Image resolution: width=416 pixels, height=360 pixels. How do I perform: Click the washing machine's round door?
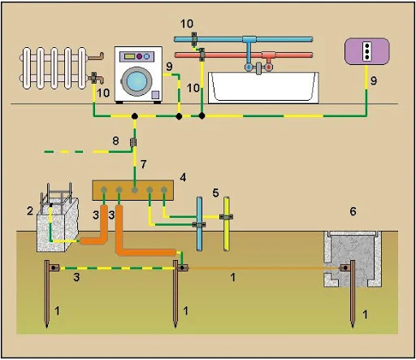(136, 81)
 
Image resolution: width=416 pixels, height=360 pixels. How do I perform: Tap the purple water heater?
(367, 51)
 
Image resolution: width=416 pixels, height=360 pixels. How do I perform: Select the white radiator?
(54, 68)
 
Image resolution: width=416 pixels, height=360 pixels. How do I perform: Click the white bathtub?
(263, 88)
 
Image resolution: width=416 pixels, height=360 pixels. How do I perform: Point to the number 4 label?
(183, 178)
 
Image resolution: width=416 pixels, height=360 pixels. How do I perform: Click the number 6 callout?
(353, 211)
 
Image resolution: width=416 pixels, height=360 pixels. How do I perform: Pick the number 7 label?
(143, 164)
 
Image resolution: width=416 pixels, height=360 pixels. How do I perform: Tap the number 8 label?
(115, 141)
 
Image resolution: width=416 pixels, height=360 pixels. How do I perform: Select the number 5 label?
(215, 193)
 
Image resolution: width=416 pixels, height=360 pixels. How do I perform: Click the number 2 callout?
(30, 210)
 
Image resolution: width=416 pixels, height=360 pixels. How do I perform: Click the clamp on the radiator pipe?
(93, 77)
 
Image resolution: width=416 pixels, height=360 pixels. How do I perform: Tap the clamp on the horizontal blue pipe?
(194, 39)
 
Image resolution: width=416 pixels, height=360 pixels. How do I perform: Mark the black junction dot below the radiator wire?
(135, 116)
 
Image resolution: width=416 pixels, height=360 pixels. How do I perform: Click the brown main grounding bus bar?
(132, 190)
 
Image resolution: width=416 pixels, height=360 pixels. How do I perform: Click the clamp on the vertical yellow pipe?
(226, 217)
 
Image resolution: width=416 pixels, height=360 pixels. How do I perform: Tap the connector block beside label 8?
(133, 142)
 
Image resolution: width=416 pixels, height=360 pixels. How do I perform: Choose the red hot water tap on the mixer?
(268, 67)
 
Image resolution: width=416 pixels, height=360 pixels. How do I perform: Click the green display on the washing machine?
(129, 56)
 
